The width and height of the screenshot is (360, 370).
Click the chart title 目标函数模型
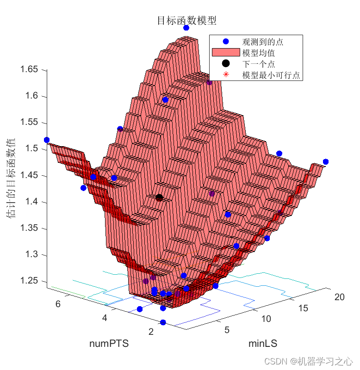coord(186,20)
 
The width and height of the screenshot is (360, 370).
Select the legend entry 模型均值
coord(258,53)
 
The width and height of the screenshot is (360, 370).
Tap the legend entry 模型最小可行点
coord(271,75)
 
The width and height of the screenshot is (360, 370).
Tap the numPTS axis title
coord(109,344)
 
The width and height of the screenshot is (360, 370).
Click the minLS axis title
coord(263,343)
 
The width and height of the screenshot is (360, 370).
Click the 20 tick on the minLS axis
coord(339,297)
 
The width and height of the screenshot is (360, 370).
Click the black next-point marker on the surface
coord(159,198)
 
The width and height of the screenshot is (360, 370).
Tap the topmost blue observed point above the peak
coord(186,28)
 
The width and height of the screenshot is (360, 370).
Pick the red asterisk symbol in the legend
coord(226,75)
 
